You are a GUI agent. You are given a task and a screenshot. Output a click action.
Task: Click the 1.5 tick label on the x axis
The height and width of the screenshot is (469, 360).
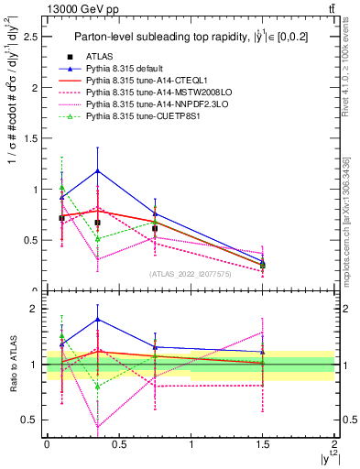[263, 442]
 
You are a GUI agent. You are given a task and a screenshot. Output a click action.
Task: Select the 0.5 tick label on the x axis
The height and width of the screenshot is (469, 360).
[118, 442]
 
